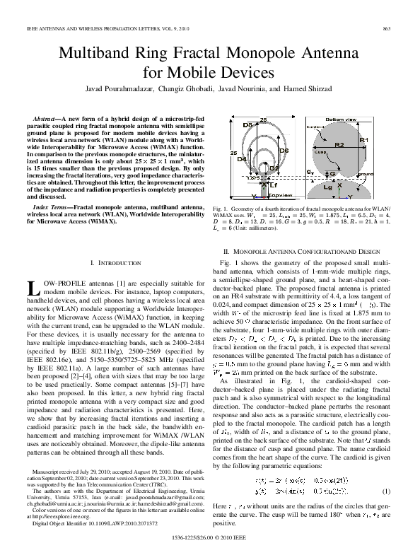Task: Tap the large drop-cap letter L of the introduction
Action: click(30, 286)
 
